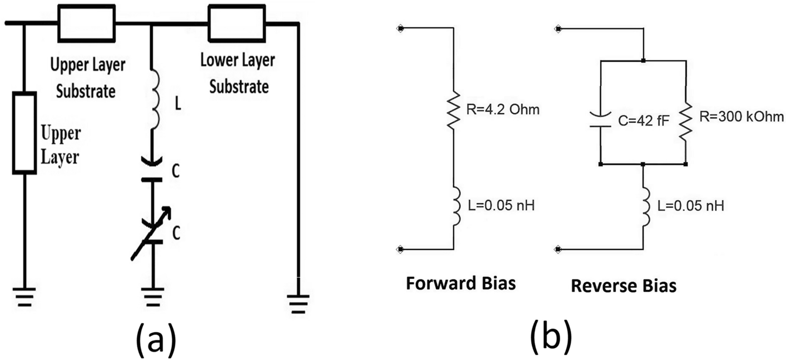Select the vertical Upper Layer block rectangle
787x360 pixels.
[x=25, y=133]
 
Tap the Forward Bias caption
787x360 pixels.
[x=461, y=283]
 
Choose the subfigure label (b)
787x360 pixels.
[x=550, y=336]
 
